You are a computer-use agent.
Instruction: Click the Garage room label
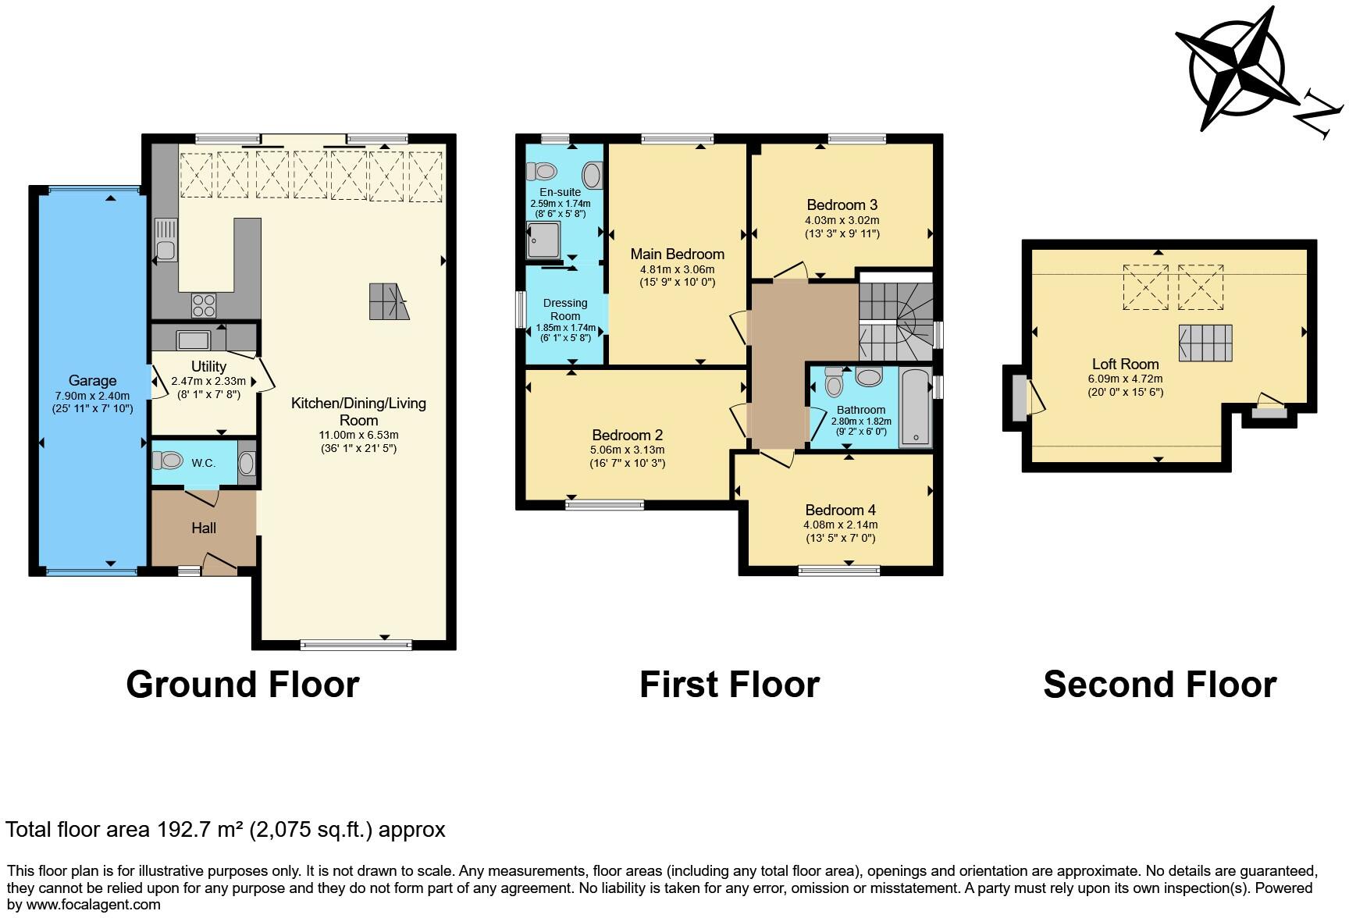(x=92, y=381)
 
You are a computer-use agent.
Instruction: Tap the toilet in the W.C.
(x=166, y=461)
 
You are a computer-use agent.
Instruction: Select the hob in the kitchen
(x=204, y=304)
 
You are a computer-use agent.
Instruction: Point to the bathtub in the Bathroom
(x=916, y=407)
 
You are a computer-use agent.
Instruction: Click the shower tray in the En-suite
(x=544, y=240)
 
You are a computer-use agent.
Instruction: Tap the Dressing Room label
(x=565, y=310)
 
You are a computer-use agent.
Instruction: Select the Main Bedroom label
(x=677, y=254)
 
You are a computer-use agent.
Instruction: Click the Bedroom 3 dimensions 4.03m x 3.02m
(x=842, y=220)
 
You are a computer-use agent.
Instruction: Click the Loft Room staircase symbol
(x=1205, y=343)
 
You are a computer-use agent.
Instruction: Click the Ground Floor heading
(x=243, y=685)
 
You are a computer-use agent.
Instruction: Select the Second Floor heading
(x=1159, y=685)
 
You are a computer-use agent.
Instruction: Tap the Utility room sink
(x=192, y=340)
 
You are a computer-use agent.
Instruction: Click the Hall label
(x=204, y=528)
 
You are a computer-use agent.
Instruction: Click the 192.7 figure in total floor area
(x=184, y=829)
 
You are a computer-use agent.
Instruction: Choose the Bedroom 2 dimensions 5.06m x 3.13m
(x=628, y=450)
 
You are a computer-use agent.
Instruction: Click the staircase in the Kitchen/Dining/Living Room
(x=389, y=301)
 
